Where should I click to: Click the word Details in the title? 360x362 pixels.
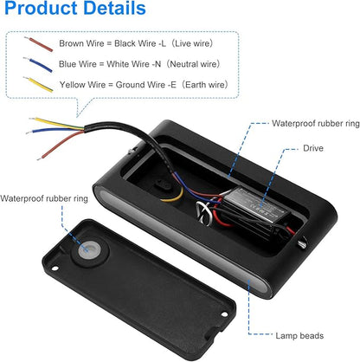point(111,8)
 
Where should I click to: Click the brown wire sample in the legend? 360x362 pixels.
point(39,44)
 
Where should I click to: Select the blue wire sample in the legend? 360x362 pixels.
point(38,64)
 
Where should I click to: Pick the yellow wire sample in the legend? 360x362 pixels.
point(38,84)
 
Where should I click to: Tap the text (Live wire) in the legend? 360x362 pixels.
point(192,43)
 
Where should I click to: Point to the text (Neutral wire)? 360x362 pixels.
point(193,64)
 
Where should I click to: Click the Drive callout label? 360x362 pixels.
point(313,148)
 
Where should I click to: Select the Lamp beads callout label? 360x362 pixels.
point(299,336)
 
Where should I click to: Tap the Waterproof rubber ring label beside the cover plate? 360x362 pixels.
point(44,198)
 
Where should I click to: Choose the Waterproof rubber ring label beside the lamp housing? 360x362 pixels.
point(316,124)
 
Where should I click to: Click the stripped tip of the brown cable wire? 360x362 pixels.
point(40,158)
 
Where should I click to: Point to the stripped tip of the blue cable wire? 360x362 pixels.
point(29,133)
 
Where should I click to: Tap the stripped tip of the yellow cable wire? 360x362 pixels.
point(32,118)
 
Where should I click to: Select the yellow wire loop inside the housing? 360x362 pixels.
point(174,196)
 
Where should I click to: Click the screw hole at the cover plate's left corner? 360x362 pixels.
point(55,268)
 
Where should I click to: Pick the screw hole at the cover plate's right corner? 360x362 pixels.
point(224,314)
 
